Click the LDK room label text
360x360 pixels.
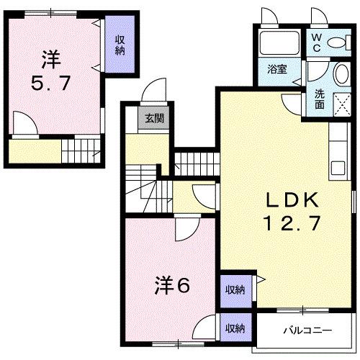(284, 197)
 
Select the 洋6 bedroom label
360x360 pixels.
(171, 286)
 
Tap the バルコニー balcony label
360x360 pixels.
(306, 332)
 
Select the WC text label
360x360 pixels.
(316, 43)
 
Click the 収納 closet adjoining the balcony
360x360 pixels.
(234, 328)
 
